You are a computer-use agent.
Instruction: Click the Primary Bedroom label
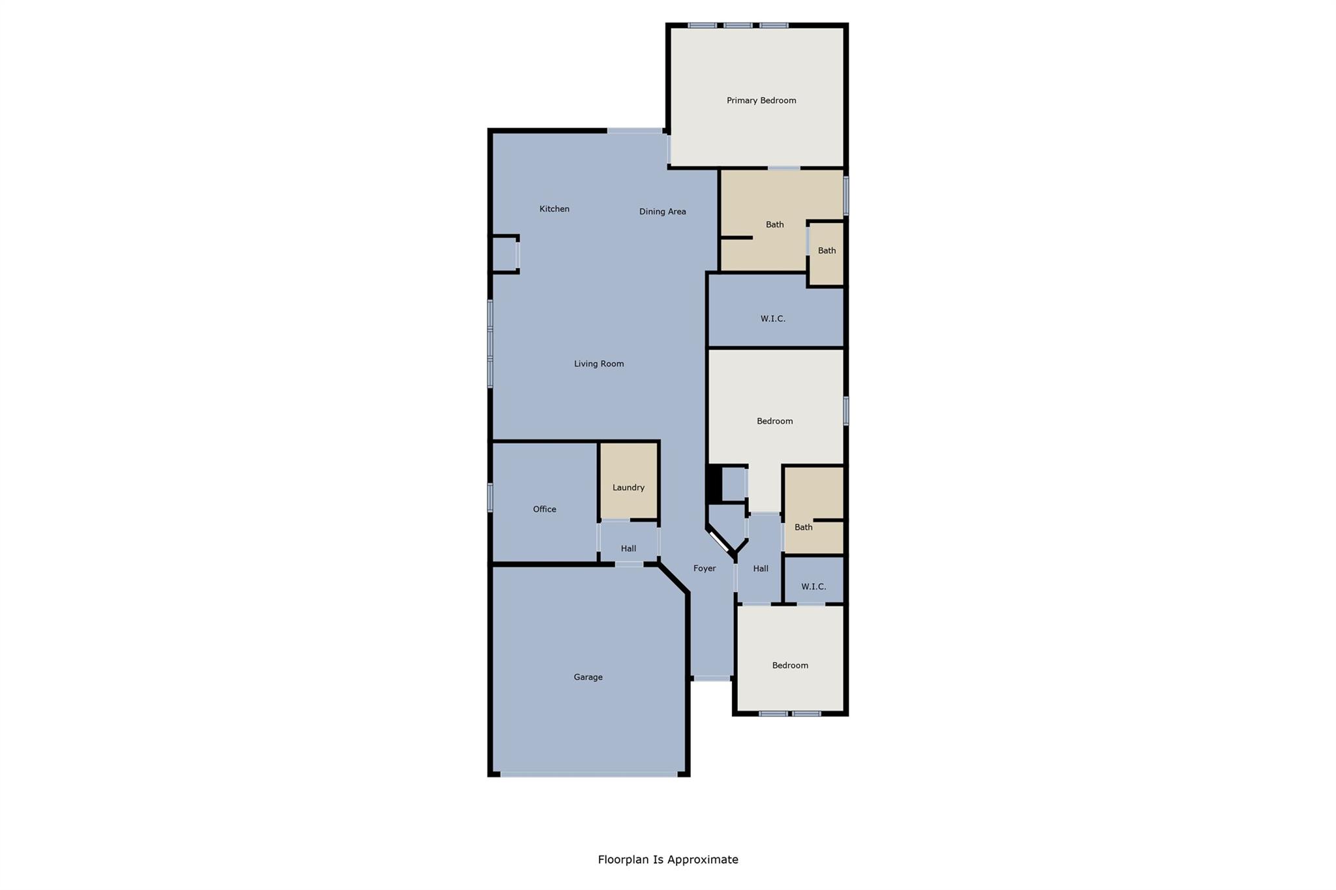(761, 100)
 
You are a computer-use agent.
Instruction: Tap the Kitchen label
(554, 209)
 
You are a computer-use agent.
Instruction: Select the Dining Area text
(662, 211)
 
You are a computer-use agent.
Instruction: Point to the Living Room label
(599, 364)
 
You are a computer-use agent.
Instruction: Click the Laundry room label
(628, 488)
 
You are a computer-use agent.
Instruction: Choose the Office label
(544, 509)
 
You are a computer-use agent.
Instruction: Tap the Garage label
(588, 677)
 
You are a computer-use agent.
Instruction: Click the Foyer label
(704, 569)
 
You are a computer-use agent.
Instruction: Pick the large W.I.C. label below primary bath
(772, 319)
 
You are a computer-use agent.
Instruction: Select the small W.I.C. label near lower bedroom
(813, 587)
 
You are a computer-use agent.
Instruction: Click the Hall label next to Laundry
(628, 549)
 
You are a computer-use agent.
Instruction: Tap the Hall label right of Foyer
(761, 569)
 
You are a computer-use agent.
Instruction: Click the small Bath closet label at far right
(827, 250)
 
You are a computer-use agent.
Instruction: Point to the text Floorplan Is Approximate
(668, 859)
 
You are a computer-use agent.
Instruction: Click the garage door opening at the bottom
(588, 775)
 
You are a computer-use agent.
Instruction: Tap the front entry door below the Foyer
(711, 679)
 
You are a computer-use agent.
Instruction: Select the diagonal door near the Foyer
(720, 541)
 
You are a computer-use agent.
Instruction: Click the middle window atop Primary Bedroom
(738, 25)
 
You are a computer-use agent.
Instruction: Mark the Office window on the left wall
(490, 497)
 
